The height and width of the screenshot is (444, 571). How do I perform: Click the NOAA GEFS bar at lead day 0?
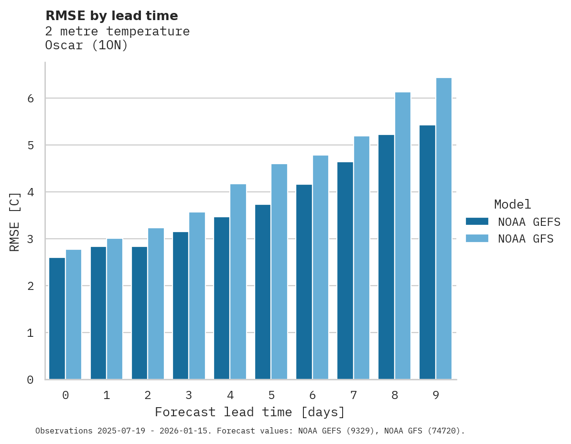(57, 319)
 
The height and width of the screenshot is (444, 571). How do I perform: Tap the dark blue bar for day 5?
(263, 292)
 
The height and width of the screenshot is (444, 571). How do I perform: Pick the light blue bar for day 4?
(238, 282)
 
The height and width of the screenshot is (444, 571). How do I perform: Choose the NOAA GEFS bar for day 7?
(345, 271)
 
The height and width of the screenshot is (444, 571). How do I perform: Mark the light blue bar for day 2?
(156, 304)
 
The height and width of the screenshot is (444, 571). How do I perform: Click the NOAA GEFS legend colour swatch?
(477, 222)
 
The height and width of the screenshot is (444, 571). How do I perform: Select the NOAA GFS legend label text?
(526, 239)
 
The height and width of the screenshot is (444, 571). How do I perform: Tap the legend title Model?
(512, 204)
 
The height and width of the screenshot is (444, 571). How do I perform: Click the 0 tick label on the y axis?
(30, 380)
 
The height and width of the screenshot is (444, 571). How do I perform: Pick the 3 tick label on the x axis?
(189, 395)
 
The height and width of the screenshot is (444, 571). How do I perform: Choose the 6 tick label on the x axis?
(312, 395)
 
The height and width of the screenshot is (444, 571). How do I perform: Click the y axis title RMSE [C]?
(15, 222)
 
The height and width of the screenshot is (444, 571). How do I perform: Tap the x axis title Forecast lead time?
(249, 412)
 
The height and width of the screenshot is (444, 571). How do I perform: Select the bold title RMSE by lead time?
(111, 16)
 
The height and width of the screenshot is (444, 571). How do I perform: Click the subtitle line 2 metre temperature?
(117, 32)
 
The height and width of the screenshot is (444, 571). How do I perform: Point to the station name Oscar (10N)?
(86, 45)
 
